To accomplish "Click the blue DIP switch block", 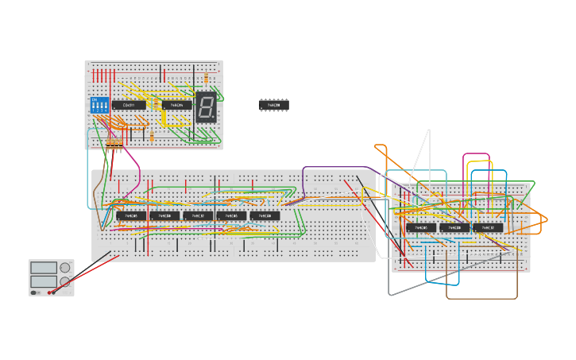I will click(100, 105).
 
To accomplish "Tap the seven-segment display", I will click(206, 106).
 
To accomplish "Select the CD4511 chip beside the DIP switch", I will click(129, 105).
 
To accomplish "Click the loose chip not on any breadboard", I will click(273, 105).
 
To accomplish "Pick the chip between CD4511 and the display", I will click(176, 105).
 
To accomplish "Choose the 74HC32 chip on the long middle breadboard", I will click(198, 215).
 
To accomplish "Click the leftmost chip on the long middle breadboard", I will click(131, 215).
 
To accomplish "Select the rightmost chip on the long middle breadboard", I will click(265, 215).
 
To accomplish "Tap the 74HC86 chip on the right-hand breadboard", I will click(421, 227).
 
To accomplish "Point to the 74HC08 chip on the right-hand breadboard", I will click(454, 227).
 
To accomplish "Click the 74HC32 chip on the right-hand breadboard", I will click(488, 227).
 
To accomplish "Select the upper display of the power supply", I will click(44, 268).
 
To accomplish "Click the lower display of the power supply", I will click(44, 281).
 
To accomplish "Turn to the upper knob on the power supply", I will click(64, 268).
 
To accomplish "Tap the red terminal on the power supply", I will click(50, 292).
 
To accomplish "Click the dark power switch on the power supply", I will click(34, 292).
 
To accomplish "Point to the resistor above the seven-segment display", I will click(207, 79).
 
